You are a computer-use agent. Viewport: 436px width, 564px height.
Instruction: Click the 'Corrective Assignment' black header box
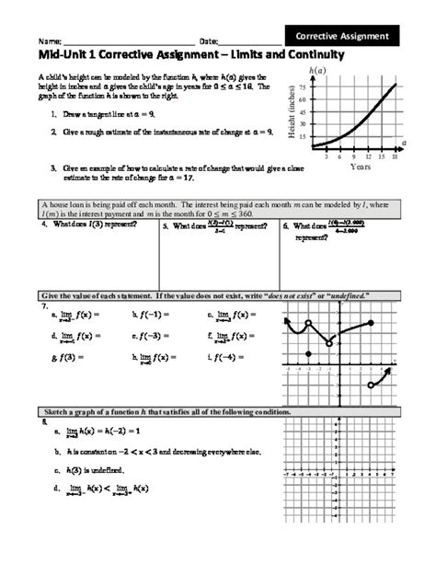(x=342, y=36)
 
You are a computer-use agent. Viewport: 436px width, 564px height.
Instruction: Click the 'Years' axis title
(x=360, y=167)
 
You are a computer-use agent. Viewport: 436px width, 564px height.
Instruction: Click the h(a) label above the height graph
(x=318, y=69)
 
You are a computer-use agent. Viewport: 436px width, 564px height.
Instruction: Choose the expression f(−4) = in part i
(x=230, y=358)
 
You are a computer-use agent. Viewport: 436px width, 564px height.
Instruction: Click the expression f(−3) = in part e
(x=154, y=336)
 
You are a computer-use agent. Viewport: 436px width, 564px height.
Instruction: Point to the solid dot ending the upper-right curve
(x=371, y=323)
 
